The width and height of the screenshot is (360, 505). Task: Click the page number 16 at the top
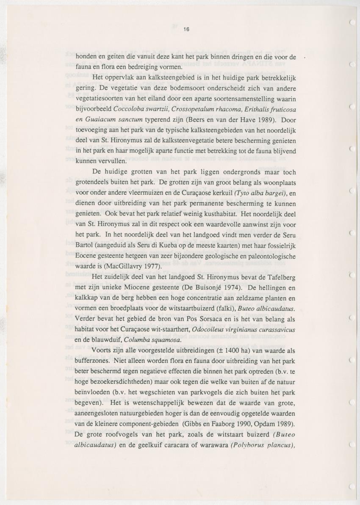coord(186,29)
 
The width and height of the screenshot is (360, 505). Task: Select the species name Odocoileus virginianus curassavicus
coord(244,329)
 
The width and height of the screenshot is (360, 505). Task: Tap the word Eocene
coord(88,256)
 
